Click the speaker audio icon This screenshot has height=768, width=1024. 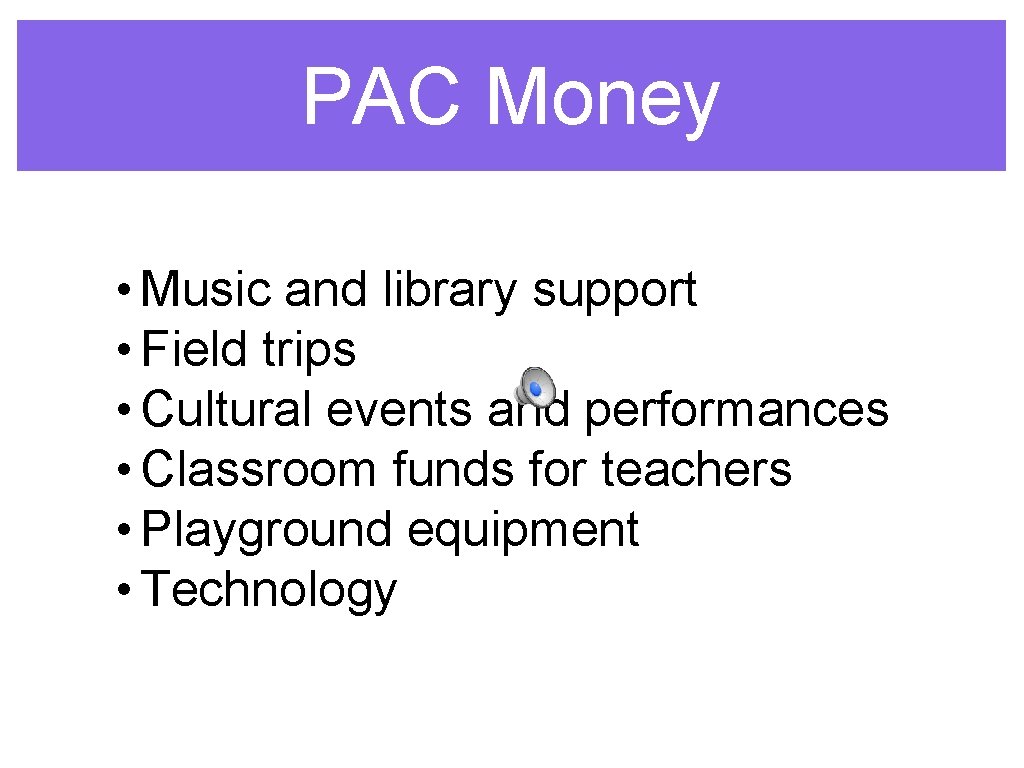click(x=535, y=385)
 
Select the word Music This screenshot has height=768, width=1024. click(x=206, y=290)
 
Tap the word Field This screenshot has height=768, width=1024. click(x=194, y=350)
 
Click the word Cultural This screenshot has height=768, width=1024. click(x=227, y=409)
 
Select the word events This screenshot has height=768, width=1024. click(x=405, y=410)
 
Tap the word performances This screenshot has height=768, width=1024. click(x=736, y=410)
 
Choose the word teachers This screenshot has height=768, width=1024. click(x=696, y=469)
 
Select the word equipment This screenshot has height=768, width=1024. click(x=523, y=530)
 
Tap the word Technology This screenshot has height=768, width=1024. click(x=269, y=590)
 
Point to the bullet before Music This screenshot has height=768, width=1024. click(x=122, y=291)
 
